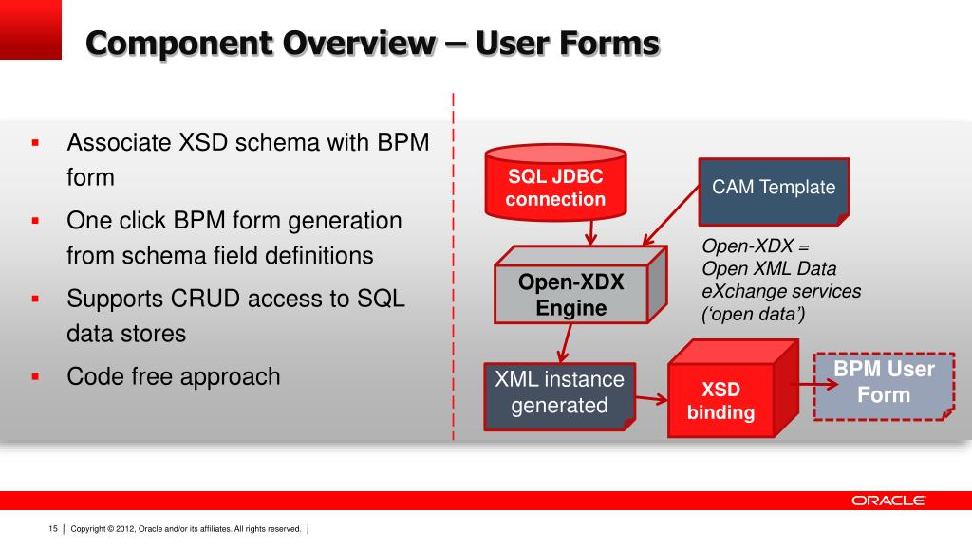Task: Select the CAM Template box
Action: (x=774, y=188)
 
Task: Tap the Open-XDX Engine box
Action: (x=570, y=295)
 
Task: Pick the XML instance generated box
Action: (x=559, y=392)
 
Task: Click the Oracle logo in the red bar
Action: (x=888, y=500)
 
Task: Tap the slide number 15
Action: (x=53, y=528)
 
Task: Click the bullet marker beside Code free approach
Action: (x=34, y=377)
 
